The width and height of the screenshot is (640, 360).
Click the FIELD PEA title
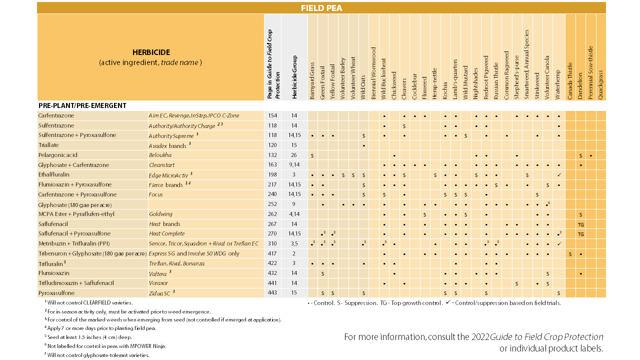[321, 8]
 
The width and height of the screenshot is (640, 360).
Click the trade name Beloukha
[160, 155]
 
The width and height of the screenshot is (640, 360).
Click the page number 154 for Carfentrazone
[272, 115]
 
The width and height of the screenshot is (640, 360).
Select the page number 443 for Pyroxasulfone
[272, 292]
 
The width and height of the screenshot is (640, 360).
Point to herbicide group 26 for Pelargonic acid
[294, 155]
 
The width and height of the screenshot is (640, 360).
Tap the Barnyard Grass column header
[312, 80]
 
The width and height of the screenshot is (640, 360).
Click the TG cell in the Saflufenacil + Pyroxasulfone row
[580, 234]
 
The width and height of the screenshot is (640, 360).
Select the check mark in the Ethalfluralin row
[559, 175]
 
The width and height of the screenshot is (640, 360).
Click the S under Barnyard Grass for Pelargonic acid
[312, 155]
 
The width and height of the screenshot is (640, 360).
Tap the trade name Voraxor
[158, 283]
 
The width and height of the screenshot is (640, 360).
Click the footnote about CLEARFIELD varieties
[89, 302]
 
